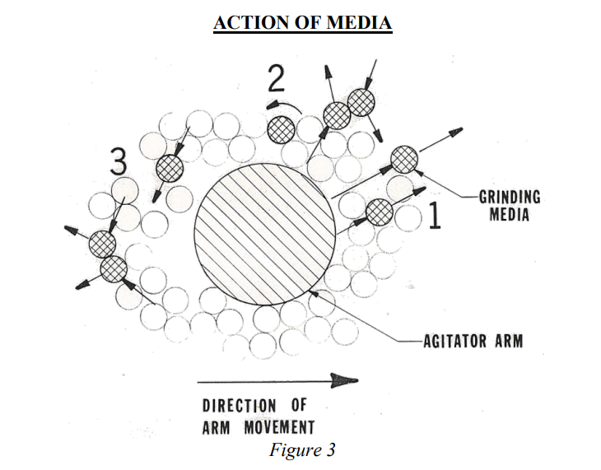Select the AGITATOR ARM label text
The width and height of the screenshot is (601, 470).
point(473,339)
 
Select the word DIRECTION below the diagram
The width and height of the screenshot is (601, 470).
point(240,405)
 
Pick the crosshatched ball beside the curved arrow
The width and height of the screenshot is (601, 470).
point(282,128)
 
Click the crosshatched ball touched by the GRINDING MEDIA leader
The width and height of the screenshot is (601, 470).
point(404,158)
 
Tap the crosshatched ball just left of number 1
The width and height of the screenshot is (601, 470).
point(380,212)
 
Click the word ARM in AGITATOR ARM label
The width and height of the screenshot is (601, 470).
point(505,339)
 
